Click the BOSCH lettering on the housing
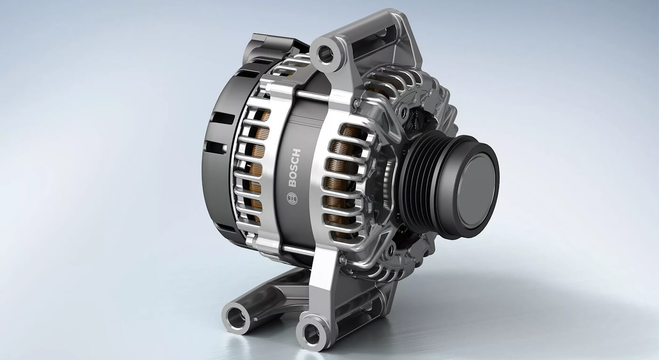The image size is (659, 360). pyautogui.click(x=295, y=168)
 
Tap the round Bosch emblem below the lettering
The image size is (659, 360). pyautogui.click(x=292, y=199)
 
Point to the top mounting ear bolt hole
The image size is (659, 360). pyautogui.click(x=326, y=55)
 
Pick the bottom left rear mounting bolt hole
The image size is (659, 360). pyautogui.click(x=236, y=318)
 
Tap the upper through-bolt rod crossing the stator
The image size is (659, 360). pyautogui.click(x=312, y=96)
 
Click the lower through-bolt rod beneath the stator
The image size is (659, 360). pyautogui.click(x=297, y=250)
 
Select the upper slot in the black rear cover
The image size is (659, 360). pyautogui.click(x=223, y=118)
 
